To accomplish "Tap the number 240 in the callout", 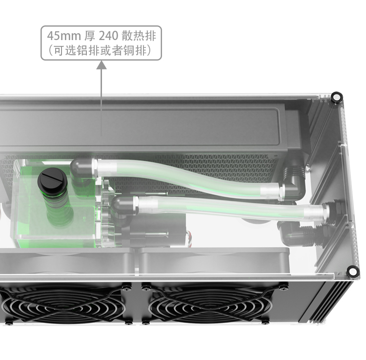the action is pos(108,36).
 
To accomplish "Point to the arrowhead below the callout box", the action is pos(102,65).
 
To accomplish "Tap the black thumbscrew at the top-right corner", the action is pos(337,97).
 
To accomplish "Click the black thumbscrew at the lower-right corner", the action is pos(352,272).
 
